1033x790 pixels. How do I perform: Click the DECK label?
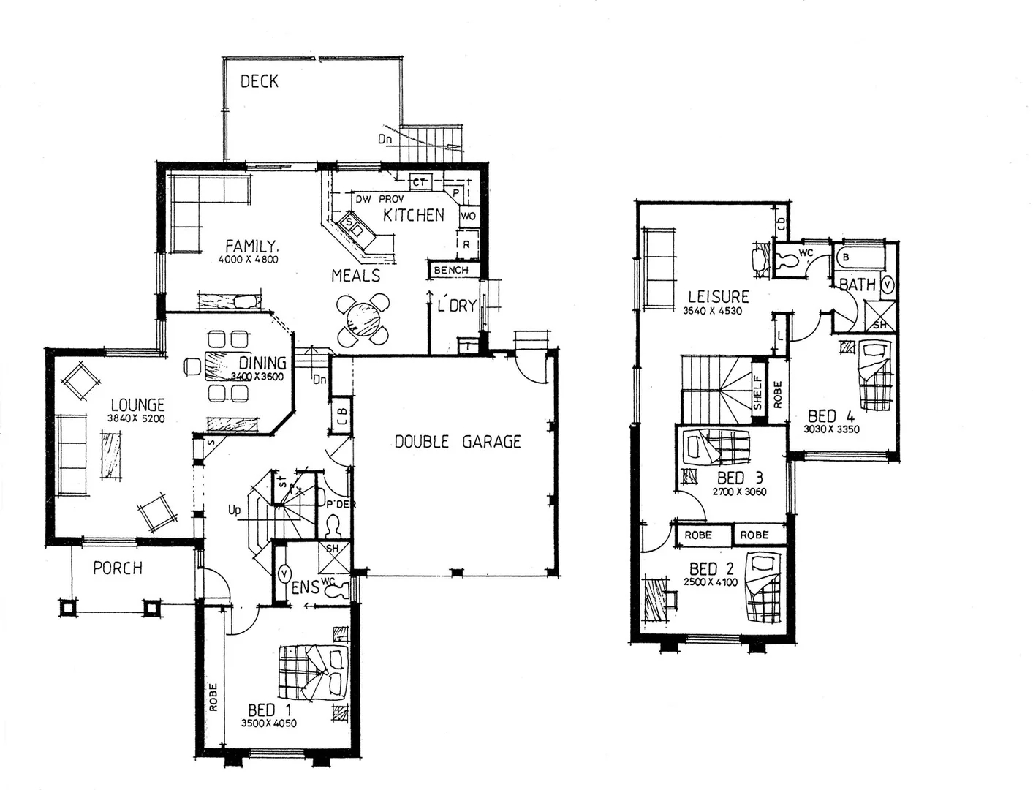click(260, 81)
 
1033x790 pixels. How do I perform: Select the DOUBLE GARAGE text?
click(458, 442)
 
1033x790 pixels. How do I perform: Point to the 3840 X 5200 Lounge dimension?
click(137, 420)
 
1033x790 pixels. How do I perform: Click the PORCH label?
click(118, 568)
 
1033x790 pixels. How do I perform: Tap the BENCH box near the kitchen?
click(451, 271)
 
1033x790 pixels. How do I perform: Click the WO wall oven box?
click(468, 216)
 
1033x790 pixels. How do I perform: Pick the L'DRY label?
click(456, 306)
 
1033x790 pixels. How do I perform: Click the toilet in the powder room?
click(333, 526)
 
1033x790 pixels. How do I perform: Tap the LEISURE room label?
click(718, 296)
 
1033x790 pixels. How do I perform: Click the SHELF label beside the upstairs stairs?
click(758, 392)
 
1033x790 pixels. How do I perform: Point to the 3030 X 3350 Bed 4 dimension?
click(831, 429)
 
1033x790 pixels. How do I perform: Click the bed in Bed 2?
click(763, 586)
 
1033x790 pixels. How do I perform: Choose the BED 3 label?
click(739, 478)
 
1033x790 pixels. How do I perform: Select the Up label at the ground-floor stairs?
click(234, 509)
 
